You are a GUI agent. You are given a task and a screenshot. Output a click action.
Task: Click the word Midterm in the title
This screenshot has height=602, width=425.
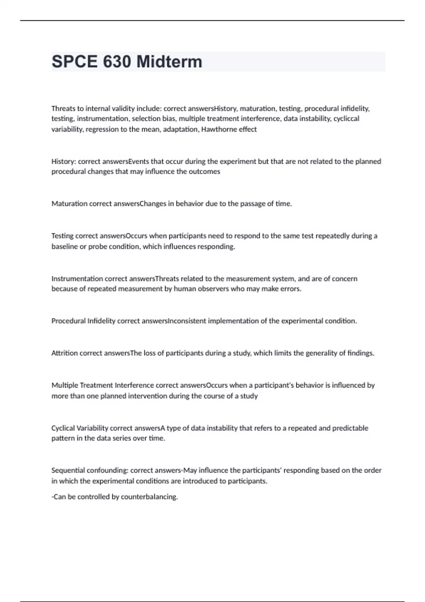pos(169,62)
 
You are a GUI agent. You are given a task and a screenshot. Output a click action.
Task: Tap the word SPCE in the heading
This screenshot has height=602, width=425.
pos(74,62)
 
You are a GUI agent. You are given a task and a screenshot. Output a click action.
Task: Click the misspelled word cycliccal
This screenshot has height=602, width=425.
pos(346,119)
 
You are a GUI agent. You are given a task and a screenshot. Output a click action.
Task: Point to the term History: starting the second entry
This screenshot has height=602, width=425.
pos(63,161)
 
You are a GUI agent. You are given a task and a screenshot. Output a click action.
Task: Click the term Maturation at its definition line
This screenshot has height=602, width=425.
pos(69,204)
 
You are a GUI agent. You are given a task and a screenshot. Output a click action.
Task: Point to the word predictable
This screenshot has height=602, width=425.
pos(348,428)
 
